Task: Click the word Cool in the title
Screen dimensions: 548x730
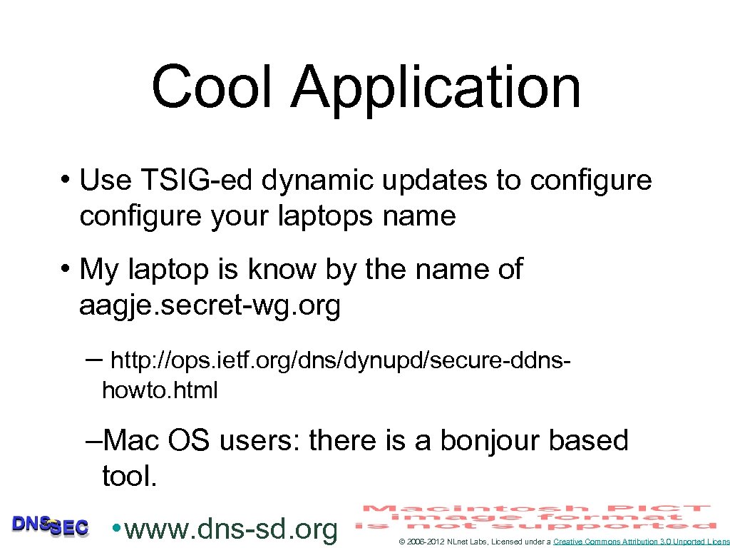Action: (212, 87)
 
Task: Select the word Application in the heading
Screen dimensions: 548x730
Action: (436, 88)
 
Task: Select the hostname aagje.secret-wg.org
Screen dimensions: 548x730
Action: (210, 306)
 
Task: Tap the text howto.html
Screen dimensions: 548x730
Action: (160, 390)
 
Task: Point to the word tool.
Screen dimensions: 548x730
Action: (128, 475)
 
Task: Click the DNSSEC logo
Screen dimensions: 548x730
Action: (50, 525)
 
